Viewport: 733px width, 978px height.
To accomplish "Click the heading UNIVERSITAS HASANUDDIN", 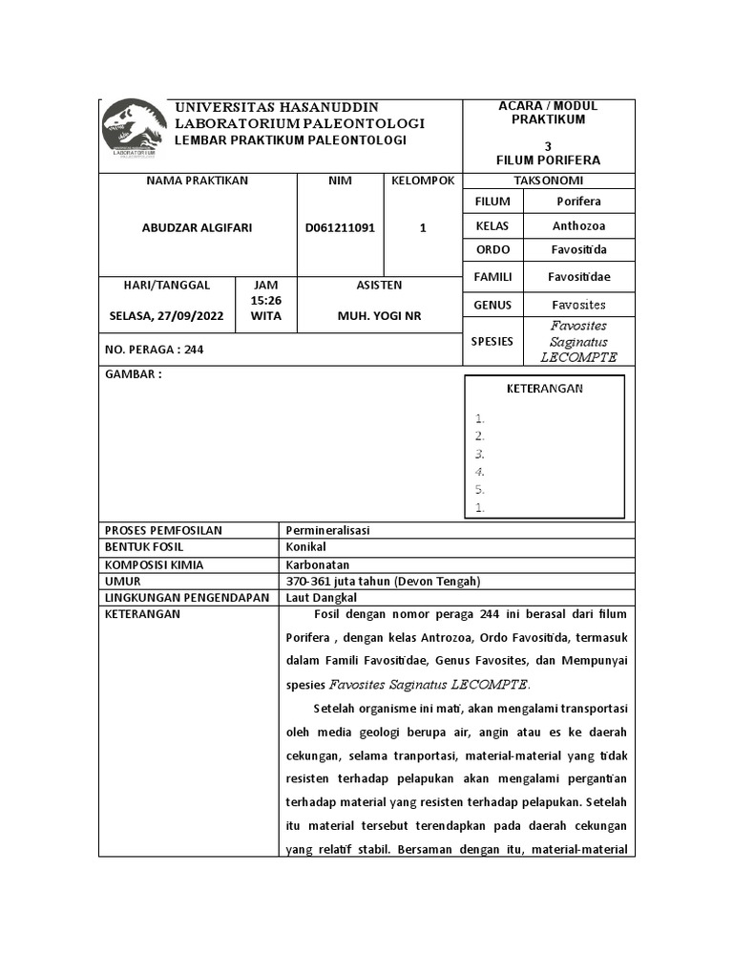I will [x=276, y=107].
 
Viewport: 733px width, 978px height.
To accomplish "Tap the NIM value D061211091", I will [x=340, y=228].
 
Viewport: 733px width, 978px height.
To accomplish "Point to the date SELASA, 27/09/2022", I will [x=167, y=316].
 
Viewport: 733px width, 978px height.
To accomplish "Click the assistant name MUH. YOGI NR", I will [x=379, y=316].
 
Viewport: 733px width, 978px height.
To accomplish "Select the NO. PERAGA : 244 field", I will [x=154, y=350].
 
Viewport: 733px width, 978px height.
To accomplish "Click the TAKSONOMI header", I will [x=549, y=181].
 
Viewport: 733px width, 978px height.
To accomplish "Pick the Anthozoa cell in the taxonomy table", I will [x=578, y=226].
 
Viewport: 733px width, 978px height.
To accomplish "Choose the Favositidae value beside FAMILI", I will [x=578, y=277].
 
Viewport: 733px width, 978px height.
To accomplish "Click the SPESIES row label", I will [x=492, y=341].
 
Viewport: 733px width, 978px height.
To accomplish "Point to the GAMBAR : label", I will [x=133, y=374].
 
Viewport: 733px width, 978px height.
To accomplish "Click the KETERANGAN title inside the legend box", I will [x=544, y=389].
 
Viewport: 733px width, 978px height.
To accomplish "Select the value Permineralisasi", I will [x=327, y=530].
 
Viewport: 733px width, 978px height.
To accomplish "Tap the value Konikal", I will [x=305, y=547].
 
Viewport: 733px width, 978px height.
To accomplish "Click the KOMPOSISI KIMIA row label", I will [x=151, y=564].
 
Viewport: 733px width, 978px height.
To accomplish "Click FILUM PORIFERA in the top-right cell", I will [x=548, y=160].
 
